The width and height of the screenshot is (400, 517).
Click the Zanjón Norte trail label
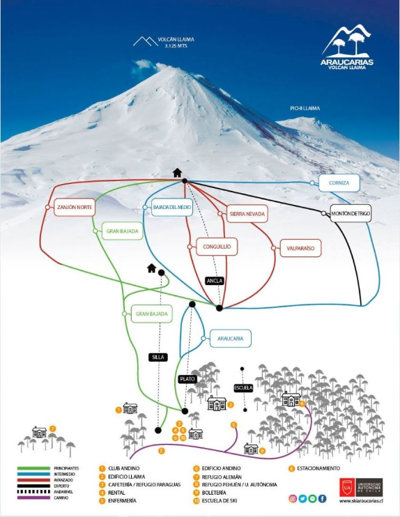[75, 207]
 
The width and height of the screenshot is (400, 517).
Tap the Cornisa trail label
[339, 184]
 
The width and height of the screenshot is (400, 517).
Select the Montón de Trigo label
[351, 213]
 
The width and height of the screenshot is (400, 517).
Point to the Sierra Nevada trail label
[246, 214]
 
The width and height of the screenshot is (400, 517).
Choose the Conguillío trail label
[213, 245]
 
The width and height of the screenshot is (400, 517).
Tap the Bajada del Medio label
[168, 207]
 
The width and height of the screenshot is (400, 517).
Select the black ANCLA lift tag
[215, 281]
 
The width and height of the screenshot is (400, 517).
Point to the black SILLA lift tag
[158, 357]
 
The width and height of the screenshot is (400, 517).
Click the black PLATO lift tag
[187, 379]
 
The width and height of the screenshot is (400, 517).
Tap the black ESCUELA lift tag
[243, 388]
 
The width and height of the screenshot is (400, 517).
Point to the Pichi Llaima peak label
[305, 108]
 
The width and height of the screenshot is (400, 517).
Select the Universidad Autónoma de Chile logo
[360, 486]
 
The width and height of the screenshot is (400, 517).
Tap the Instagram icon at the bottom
[293, 498]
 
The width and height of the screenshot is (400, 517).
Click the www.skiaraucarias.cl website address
[360, 500]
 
